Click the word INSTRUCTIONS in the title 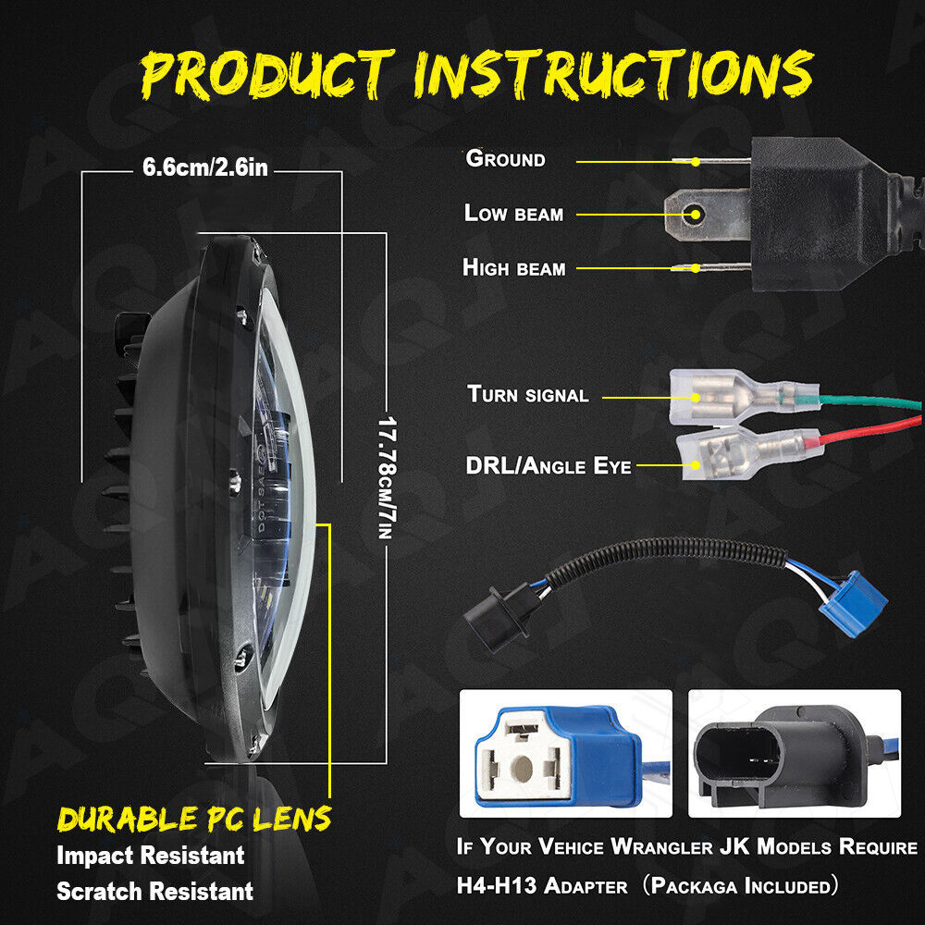(x=614, y=74)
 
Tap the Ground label (x=506, y=159)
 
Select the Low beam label (x=513, y=213)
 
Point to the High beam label (x=513, y=267)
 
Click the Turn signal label (x=528, y=393)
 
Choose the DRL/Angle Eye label (x=549, y=465)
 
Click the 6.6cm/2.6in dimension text (x=205, y=167)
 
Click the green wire (x=870, y=402)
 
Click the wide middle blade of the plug (x=708, y=215)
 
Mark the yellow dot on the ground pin (x=697, y=162)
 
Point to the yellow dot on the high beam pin (x=697, y=268)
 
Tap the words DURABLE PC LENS (x=194, y=819)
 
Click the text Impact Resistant (x=151, y=855)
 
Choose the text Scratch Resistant (x=154, y=891)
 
